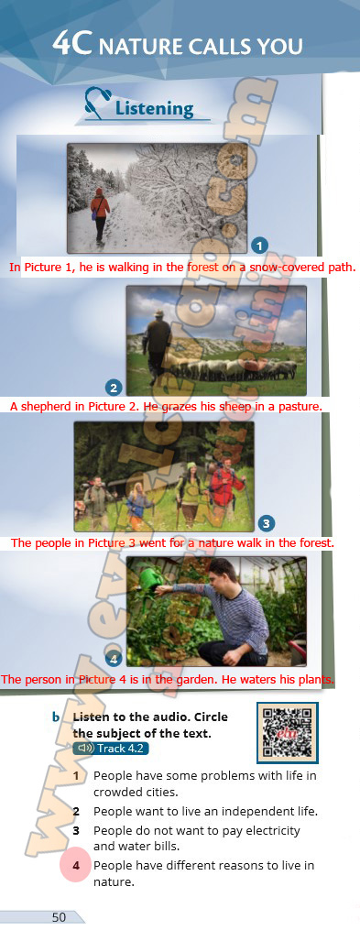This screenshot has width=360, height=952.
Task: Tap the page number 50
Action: (x=59, y=917)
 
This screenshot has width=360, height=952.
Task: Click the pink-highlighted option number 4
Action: (x=76, y=866)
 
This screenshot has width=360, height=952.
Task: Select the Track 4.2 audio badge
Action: (x=111, y=748)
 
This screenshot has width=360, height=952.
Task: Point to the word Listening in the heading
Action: (x=154, y=109)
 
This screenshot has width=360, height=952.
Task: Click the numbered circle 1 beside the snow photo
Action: (x=259, y=246)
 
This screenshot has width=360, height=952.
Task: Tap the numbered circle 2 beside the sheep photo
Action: (x=115, y=388)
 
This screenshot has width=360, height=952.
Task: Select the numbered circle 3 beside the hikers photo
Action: (x=266, y=523)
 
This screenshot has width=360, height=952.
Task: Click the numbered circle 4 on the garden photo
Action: (x=115, y=658)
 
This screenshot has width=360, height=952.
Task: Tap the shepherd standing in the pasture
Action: (x=158, y=346)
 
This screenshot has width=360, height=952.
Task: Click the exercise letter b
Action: (x=56, y=717)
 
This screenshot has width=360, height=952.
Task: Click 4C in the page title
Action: (x=72, y=43)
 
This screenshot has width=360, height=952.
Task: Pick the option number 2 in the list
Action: (x=76, y=811)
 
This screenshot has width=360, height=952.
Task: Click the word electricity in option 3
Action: (x=269, y=830)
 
